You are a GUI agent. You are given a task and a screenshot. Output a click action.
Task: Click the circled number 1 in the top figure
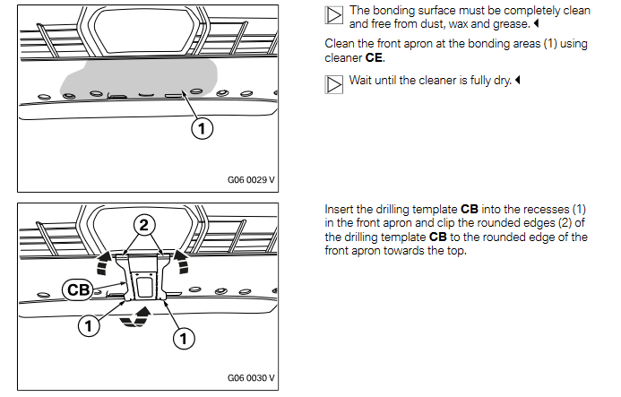pos(202,129)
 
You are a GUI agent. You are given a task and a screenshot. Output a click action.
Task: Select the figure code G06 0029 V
pos(251,180)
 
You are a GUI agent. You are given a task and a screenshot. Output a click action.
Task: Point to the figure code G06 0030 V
pos(251,377)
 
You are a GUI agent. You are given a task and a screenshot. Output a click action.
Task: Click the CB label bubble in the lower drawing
pos(79,289)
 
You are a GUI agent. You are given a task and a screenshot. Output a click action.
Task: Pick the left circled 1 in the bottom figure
pos(89,327)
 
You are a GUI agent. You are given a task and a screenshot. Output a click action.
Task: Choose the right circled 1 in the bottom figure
pos(183,338)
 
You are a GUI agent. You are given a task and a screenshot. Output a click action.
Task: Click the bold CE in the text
pos(374,57)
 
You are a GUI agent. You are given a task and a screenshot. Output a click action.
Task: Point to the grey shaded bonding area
pos(134,76)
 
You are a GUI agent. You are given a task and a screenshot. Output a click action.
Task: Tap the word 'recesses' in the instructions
pos(537,209)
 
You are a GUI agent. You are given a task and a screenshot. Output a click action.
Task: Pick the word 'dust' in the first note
pos(420,25)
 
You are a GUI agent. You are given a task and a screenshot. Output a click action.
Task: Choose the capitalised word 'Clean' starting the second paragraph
pos(340,44)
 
